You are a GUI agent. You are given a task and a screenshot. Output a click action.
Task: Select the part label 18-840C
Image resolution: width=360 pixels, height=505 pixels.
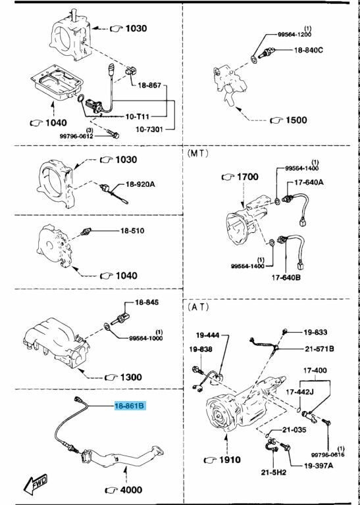point(308,50)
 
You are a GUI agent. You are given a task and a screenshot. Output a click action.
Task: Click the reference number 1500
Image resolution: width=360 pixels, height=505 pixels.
point(296,120)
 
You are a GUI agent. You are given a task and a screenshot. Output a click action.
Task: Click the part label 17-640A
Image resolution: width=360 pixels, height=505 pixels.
point(309,183)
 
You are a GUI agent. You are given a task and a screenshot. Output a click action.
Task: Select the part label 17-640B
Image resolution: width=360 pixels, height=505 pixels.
point(286,277)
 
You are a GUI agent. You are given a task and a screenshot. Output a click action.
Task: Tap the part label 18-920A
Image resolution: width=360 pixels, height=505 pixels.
point(140,185)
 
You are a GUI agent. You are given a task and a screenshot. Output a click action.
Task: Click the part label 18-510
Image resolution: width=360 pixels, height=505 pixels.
point(132,231)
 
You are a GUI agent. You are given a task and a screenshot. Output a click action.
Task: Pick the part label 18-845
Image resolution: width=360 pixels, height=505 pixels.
point(147,302)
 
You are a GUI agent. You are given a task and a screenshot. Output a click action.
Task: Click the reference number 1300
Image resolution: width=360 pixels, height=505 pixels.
point(131,377)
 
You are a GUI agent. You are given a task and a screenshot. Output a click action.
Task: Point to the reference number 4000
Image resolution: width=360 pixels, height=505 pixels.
point(131,490)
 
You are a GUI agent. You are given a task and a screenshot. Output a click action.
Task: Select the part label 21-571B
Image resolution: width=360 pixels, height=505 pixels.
point(319,349)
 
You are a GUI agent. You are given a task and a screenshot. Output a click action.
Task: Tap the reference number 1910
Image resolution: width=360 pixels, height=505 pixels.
point(230,460)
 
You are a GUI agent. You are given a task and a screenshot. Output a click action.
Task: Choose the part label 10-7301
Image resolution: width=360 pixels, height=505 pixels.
point(149,129)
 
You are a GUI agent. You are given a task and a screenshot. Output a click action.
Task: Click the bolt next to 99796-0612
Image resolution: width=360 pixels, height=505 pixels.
point(114,134)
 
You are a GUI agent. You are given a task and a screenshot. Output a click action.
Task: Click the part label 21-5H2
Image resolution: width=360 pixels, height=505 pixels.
point(273,472)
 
